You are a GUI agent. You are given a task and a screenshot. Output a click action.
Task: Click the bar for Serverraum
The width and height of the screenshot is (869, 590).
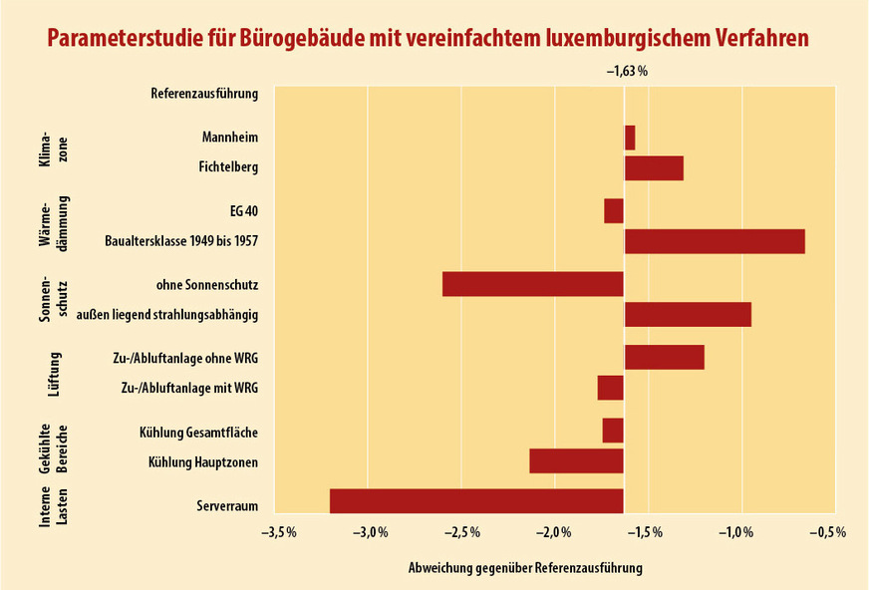[x=476, y=501]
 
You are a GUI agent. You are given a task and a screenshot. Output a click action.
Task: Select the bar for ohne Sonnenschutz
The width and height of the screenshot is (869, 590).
[x=533, y=284]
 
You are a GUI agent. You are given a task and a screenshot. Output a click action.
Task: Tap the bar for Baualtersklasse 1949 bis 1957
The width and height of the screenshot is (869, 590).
[x=715, y=241]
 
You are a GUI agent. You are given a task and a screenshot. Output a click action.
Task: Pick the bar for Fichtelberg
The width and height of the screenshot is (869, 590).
[x=654, y=167]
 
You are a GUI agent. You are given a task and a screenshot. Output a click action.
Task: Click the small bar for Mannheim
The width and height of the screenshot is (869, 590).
[x=630, y=137]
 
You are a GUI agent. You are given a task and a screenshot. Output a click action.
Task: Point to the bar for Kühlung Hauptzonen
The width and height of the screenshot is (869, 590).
[x=577, y=460]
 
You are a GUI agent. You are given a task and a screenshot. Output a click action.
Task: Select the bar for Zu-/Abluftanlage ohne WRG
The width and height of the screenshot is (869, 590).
[x=665, y=357]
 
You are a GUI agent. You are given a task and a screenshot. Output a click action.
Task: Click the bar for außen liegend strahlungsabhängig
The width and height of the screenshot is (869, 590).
[x=688, y=314]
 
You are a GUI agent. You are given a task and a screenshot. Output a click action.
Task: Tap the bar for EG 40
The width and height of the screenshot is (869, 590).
[x=614, y=211]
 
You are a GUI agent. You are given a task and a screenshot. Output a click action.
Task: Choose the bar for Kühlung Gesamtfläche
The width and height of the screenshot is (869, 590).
[x=613, y=431]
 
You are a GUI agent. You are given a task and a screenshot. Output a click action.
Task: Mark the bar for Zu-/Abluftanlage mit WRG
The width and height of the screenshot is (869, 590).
[x=611, y=388]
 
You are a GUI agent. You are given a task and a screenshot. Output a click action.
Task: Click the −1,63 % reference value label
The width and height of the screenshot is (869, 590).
[x=627, y=72]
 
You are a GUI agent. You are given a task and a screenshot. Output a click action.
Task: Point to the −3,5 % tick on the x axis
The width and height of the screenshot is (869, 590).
[x=278, y=533]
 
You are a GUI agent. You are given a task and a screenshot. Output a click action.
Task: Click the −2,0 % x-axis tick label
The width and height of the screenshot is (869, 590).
[x=553, y=533]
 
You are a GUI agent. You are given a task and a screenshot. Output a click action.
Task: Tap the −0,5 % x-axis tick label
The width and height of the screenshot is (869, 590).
[x=827, y=533]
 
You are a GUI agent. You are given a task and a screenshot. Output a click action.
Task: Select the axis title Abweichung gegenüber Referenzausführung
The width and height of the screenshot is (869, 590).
[x=525, y=567]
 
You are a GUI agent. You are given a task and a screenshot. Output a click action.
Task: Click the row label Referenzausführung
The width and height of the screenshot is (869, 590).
[x=204, y=94]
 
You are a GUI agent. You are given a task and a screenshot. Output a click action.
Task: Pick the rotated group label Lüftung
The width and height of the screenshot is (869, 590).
[x=55, y=373]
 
